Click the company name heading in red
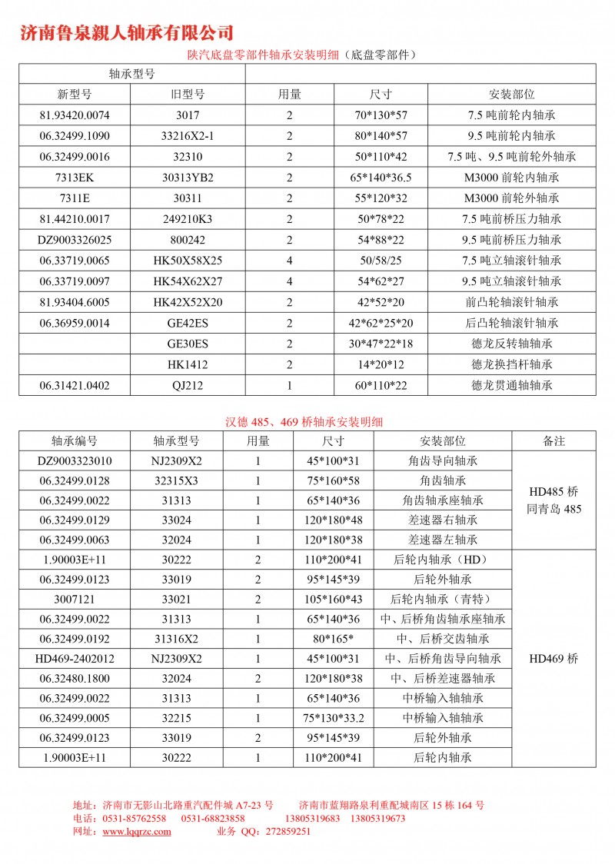click(126, 32)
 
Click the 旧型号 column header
click(188, 95)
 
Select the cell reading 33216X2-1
click(188, 136)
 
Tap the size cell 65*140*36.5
click(381, 178)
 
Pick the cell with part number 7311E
click(75, 198)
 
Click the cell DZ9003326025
click(75, 240)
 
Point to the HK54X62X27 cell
click(188, 281)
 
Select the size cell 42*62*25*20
click(381, 323)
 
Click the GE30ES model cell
click(188, 344)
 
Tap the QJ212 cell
click(188, 385)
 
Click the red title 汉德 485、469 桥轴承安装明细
click(304, 421)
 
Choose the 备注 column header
click(553, 441)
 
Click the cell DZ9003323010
click(75, 461)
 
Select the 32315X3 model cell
click(176, 480)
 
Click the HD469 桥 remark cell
click(553, 659)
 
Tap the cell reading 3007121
click(75, 599)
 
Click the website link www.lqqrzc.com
click(137, 831)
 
